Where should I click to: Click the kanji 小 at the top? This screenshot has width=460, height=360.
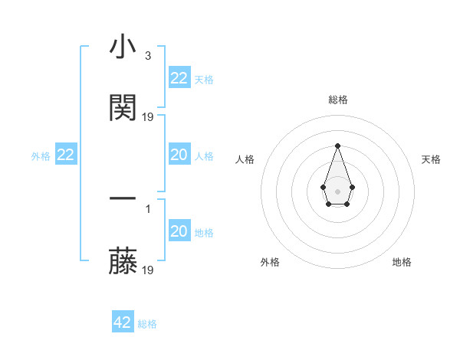(x=123, y=48)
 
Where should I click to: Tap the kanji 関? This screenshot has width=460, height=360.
(x=123, y=108)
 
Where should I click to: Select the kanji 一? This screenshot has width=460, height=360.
(x=123, y=198)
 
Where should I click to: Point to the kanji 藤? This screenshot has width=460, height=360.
(x=123, y=262)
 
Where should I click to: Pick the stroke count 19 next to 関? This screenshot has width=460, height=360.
(x=148, y=117)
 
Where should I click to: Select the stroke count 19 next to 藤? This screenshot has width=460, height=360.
(x=148, y=270)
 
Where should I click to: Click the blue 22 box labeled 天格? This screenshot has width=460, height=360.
(x=179, y=78)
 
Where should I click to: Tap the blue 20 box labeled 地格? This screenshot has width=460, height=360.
(x=179, y=231)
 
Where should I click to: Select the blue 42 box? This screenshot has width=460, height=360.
(x=123, y=322)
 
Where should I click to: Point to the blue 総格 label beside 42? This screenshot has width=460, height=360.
(x=147, y=324)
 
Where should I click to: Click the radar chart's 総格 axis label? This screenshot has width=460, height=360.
(x=337, y=100)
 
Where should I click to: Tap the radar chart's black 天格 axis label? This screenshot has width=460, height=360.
(x=431, y=159)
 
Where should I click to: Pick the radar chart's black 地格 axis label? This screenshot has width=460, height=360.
(x=402, y=262)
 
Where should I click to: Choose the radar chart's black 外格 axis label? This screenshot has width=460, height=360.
(x=270, y=262)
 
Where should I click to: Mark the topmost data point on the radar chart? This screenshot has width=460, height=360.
(x=337, y=146)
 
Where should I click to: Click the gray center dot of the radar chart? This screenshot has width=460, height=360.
(x=337, y=190)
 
